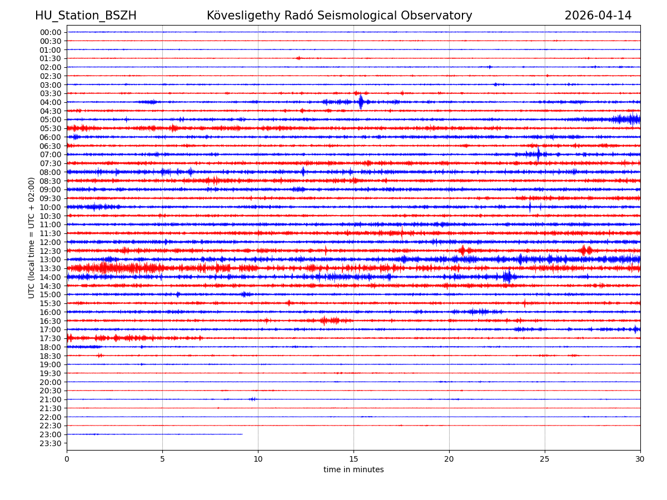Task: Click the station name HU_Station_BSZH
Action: [x=86, y=16]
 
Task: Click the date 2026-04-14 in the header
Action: [x=598, y=16]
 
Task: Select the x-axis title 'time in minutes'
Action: [x=354, y=469]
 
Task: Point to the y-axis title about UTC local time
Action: [x=32, y=238]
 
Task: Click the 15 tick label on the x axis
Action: [x=354, y=459]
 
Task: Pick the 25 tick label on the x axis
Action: [x=545, y=459]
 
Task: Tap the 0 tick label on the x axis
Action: [x=67, y=459]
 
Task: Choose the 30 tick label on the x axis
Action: [x=640, y=459]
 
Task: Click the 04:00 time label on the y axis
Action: [x=51, y=102]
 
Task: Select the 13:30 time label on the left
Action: [x=51, y=268]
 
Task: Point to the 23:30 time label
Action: [x=51, y=443]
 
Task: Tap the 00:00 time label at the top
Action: [x=51, y=32]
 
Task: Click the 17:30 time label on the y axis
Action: [x=51, y=338]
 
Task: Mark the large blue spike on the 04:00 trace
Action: [x=361, y=102]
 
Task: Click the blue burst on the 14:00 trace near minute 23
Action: [x=507, y=277]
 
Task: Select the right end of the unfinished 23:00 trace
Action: [x=242, y=434]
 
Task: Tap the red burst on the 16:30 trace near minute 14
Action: [x=330, y=321]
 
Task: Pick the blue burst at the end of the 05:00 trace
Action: [x=628, y=119]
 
